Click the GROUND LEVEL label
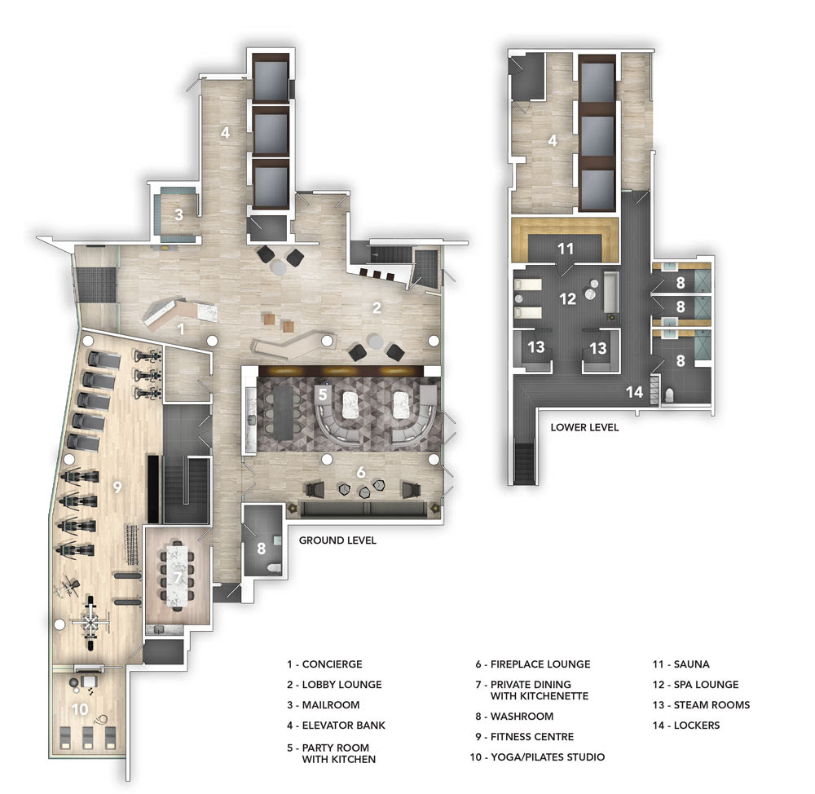point(337,540)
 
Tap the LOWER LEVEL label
point(584,427)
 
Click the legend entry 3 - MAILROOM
point(324,705)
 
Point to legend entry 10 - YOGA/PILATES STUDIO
point(537,757)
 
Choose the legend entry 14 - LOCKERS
point(686,726)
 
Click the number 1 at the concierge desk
point(181,329)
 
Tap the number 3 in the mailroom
point(178,214)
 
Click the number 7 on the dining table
point(178,577)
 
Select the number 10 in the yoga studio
point(80,709)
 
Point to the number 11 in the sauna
point(566,249)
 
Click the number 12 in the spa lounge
point(567,299)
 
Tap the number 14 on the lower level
point(635,392)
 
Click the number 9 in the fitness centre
point(117,487)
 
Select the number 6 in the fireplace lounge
point(361,472)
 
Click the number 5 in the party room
point(323,394)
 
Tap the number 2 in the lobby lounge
point(377,308)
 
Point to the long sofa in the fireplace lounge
point(368,509)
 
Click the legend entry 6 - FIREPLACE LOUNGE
point(533,664)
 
